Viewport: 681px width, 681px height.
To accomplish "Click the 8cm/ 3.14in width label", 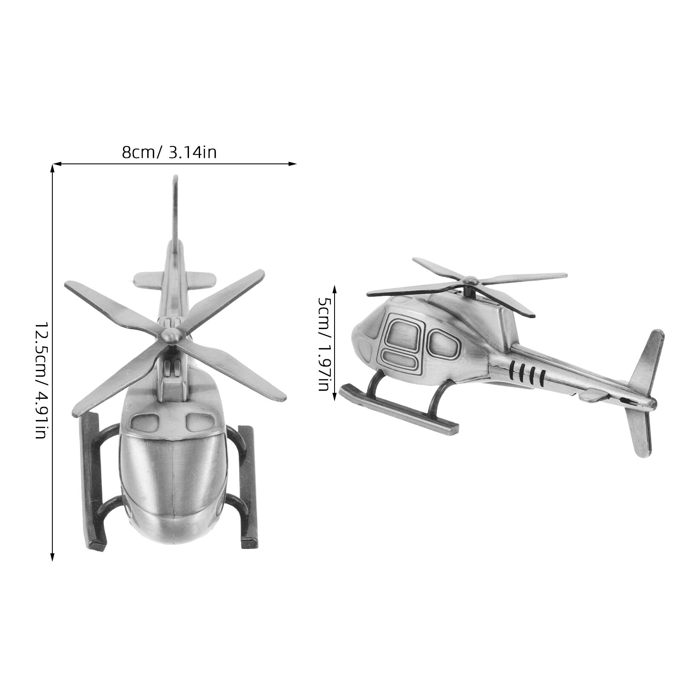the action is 169,152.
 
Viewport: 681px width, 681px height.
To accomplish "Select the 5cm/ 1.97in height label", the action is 325,343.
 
